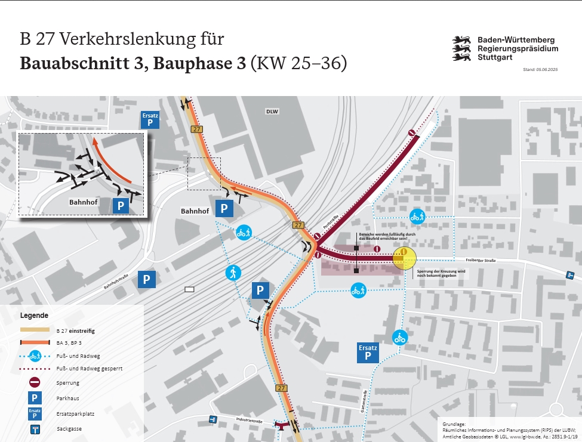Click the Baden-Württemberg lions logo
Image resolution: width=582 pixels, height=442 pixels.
[x=463, y=49]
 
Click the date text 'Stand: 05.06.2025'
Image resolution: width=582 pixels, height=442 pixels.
[x=540, y=70]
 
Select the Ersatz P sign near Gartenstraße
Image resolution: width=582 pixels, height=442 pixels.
[x=368, y=353]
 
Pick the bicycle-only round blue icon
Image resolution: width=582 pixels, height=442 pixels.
[x=399, y=338]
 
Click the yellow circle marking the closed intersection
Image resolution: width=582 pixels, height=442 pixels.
[x=404, y=257]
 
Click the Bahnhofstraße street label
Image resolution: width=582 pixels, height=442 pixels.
[x=116, y=281]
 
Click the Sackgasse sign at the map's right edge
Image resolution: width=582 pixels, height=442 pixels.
[x=571, y=274]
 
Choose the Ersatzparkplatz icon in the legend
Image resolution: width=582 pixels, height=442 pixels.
[x=35, y=413]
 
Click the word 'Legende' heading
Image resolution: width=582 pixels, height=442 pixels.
[x=34, y=315]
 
